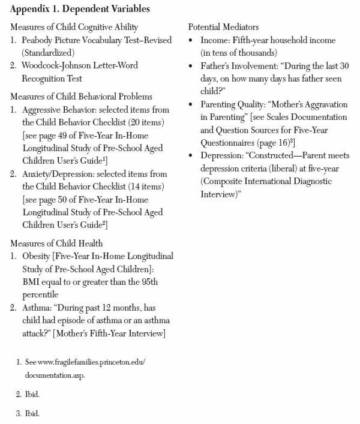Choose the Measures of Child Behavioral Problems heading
click(x=81, y=97)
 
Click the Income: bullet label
click(x=214, y=41)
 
